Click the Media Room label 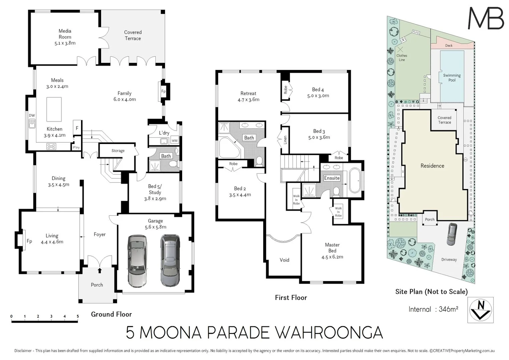point(65,34)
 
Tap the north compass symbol point(481,310)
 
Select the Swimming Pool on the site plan point(452,77)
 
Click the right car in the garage point(170,260)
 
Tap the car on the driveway point(452,234)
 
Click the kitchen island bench point(54,109)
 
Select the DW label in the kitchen point(32,116)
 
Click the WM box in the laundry point(174,141)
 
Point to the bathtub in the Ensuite point(354,181)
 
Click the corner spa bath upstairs point(228,147)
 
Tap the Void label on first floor point(284,260)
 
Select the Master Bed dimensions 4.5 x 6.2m point(332,257)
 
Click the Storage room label point(118,151)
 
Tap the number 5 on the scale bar point(78,316)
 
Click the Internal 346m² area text point(433,309)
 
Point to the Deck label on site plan point(449,46)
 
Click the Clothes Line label point(402,58)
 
